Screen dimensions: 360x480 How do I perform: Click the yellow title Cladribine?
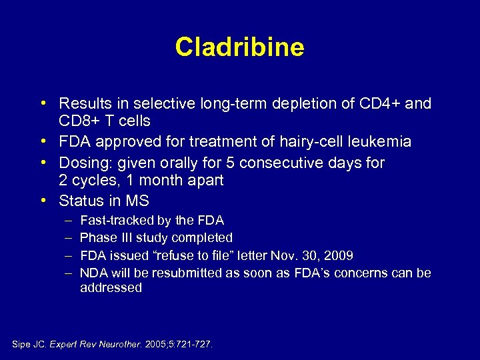tap(239, 47)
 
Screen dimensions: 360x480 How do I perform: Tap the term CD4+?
tap(377, 104)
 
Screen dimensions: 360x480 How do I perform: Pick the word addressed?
tap(111, 288)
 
